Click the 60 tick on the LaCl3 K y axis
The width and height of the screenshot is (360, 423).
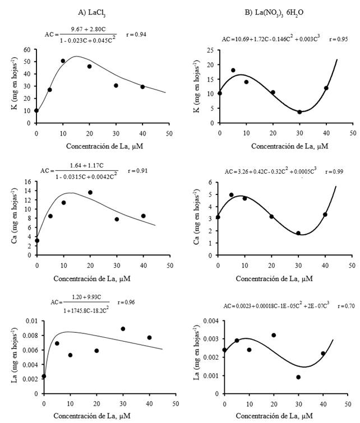[x=27, y=49]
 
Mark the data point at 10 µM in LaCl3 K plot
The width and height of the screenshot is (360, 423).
[x=63, y=61]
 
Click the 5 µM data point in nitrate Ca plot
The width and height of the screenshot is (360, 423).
[x=232, y=195]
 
